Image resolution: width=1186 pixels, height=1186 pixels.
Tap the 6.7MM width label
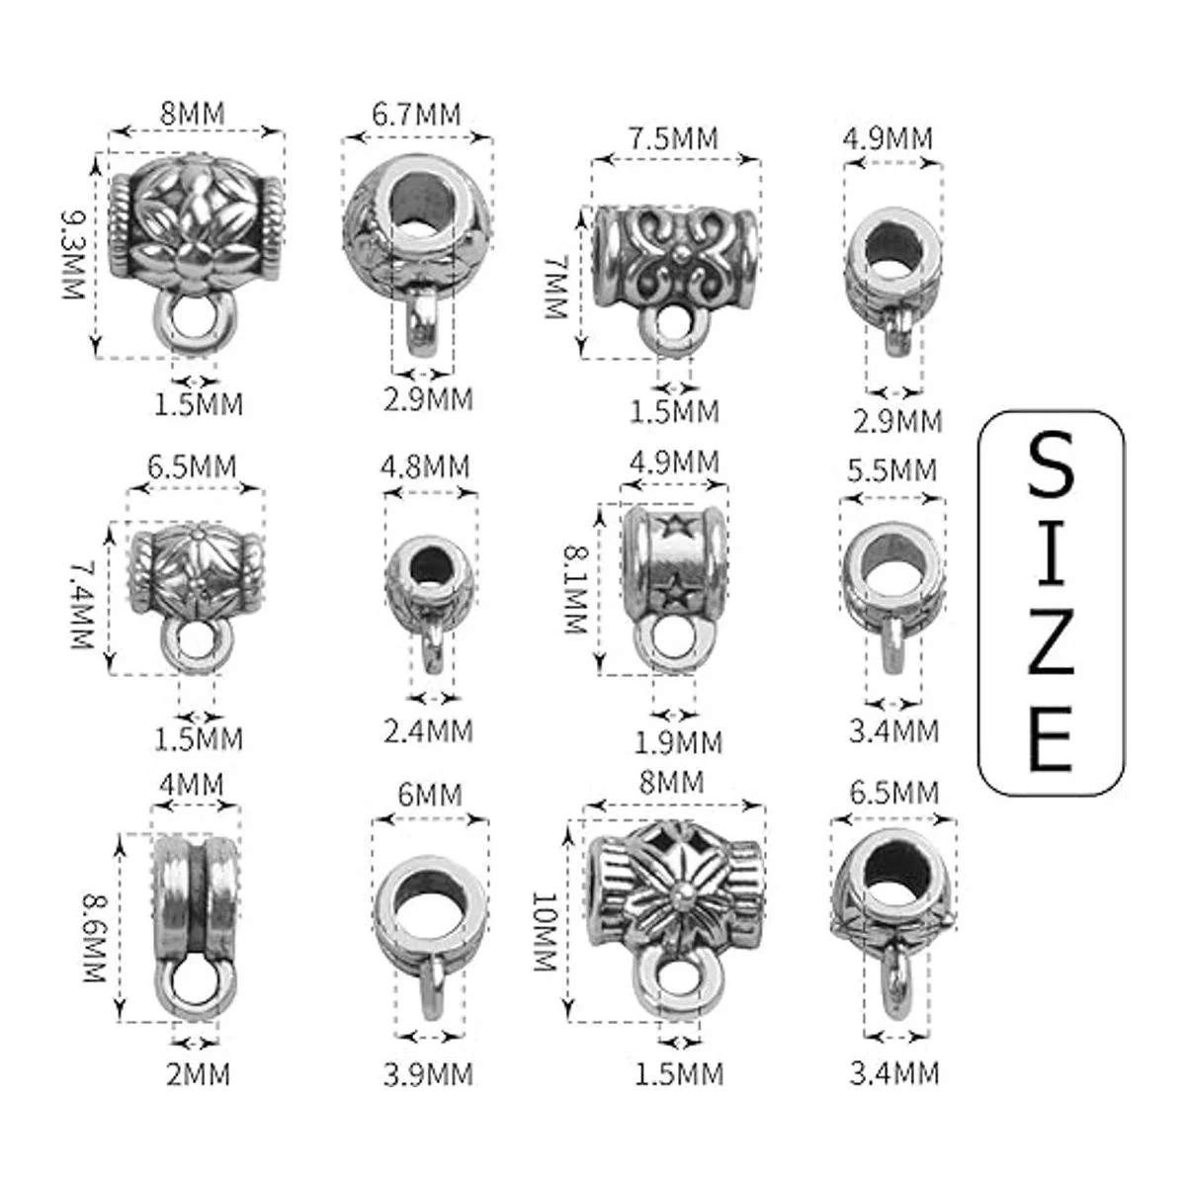point(417,115)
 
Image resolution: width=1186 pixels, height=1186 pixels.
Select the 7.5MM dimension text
point(673,139)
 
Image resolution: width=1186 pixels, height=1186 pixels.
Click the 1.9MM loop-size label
point(678,743)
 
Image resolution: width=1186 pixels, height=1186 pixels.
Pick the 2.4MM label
point(428,731)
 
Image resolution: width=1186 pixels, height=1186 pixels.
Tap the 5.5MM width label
point(892,470)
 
